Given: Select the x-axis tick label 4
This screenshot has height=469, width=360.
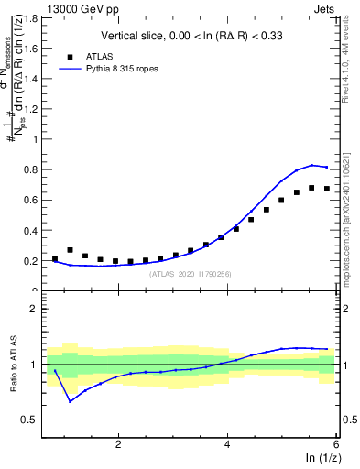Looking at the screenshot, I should click(227, 445).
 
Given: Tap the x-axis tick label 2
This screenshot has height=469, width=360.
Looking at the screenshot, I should click(118, 445).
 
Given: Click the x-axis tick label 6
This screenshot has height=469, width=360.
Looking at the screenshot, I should click(335, 445).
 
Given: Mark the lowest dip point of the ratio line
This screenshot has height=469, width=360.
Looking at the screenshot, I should click(70, 401).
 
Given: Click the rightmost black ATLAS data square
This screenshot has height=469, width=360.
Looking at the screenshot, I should click(327, 189).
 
